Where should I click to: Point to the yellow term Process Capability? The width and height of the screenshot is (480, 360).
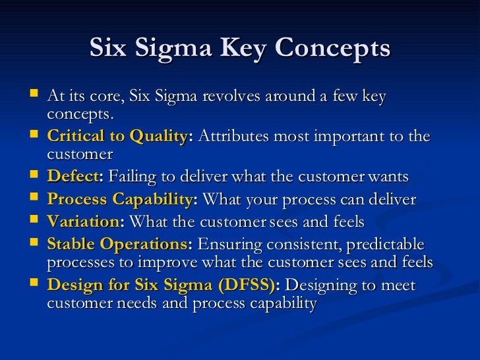tap(121, 200)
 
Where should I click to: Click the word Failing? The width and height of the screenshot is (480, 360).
tap(131, 178)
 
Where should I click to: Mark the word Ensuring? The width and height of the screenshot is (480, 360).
tap(227, 244)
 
